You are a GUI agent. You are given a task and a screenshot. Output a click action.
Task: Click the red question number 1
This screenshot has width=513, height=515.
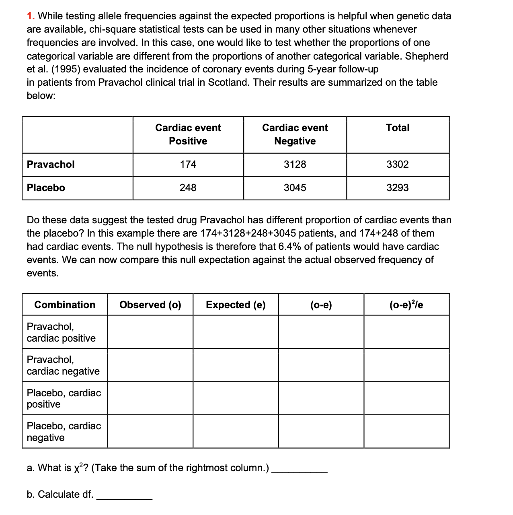(x=30, y=16)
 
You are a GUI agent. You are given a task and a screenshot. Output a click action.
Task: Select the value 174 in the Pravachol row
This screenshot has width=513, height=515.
(x=188, y=165)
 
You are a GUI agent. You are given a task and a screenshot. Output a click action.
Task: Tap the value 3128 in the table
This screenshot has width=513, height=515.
(x=295, y=165)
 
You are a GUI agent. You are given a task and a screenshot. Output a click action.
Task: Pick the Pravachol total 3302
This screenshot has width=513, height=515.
(x=397, y=165)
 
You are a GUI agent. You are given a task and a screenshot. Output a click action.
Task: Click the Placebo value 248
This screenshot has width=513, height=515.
(x=188, y=188)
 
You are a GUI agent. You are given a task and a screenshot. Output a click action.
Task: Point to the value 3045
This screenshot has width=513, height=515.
(x=295, y=188)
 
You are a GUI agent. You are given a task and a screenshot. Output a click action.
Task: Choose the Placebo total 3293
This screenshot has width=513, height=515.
(x=397, y=188)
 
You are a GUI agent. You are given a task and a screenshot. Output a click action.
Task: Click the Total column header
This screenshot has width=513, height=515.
(x=397, y=128)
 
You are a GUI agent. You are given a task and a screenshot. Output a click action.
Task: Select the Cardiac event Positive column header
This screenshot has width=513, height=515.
(x=188, y=134)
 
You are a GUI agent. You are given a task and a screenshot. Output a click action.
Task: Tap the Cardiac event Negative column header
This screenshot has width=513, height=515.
(x=295, y=134)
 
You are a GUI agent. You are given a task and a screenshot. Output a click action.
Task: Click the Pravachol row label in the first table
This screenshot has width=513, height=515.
(x=51, y=165)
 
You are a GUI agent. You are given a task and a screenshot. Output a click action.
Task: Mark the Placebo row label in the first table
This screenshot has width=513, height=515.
(x=46, y=188)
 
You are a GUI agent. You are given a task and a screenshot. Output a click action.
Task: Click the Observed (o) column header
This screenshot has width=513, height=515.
(x=150, y=305)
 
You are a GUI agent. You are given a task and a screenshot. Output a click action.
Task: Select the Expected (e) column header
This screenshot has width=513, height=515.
(x=236, y=305)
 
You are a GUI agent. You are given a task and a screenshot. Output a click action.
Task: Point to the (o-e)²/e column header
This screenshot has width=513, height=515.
(x=406, y=305)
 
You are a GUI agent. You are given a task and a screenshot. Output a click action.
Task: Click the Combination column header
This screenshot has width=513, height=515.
(x=65, y=305)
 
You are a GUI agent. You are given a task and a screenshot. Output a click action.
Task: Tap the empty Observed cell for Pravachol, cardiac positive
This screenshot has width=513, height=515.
(x=150, y=332)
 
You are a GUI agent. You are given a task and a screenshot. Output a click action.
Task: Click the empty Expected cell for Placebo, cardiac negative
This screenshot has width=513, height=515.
(x=236, y=431)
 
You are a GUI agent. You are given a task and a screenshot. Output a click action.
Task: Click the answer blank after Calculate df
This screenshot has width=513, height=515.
(x=124, y=495)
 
